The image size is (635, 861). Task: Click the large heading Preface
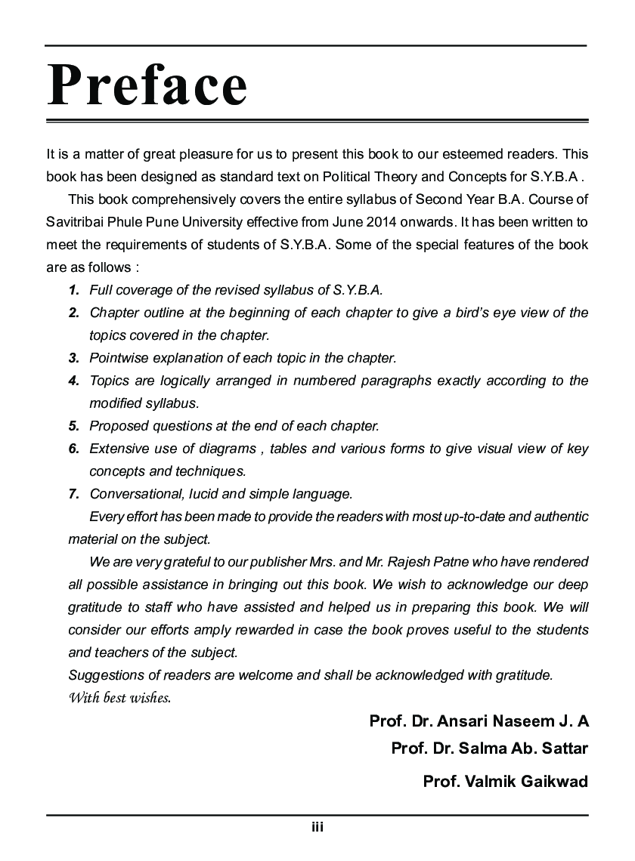pos(147,85)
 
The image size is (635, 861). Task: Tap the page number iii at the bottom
pos(317,827)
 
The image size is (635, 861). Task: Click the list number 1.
pos(74,290)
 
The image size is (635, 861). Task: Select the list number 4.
pos(74,381)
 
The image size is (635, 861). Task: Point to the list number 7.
pos(74,495)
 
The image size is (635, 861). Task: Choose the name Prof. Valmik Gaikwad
pos(505,782)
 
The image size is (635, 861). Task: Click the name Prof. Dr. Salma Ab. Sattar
pos(489,748)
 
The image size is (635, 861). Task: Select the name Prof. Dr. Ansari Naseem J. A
pos(479,721)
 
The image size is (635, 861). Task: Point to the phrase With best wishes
pos(119,696)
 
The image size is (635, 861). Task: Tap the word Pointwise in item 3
pos(118,358)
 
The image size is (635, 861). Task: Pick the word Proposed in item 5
pos(117,426)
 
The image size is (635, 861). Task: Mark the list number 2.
pos(74,313)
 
